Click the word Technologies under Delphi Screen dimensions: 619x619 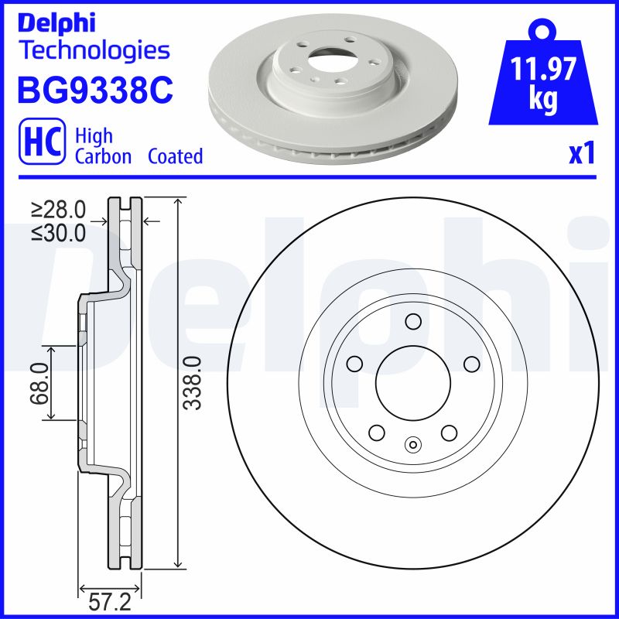click(x=93, y=50)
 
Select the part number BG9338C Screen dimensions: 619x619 click(x=94, y=91)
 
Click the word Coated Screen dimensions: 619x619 click(x=175, y=156)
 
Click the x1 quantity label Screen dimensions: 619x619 click(x=581, y=155)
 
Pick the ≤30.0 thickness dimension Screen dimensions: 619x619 click(x=58, y=232)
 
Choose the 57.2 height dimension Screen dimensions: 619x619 click(x=104, y=600)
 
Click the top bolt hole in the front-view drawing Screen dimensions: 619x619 click(x=412, y=321)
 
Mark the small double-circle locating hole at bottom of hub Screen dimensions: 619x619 click(x=412, y=444)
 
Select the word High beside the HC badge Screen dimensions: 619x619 click(x=93, y=137)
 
